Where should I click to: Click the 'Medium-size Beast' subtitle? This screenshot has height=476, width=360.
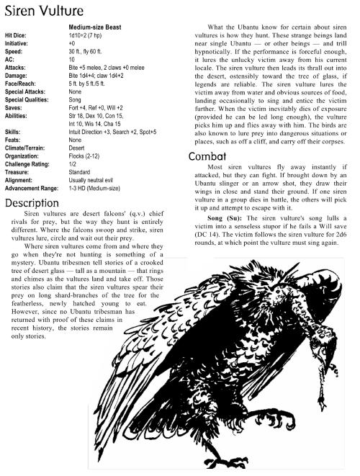coord(91,28)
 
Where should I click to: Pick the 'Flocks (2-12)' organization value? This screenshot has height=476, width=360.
coord(84,156)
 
